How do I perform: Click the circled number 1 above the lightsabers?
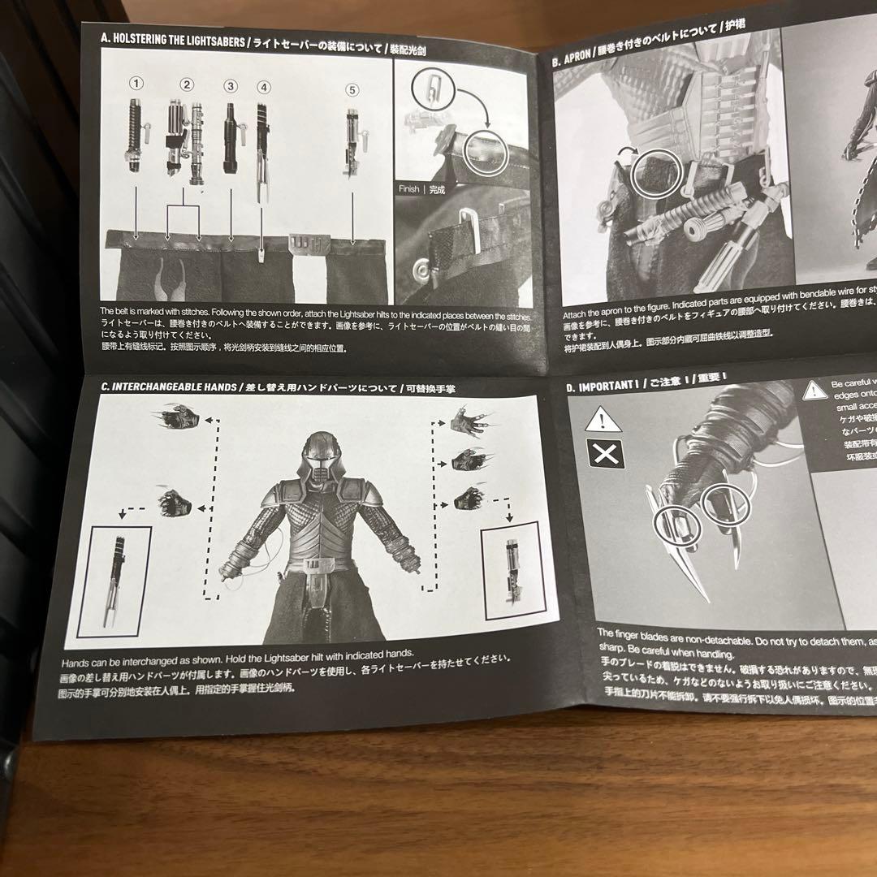(x=137, y=82)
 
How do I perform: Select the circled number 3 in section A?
(x=231, y=85)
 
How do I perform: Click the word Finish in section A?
(x=409, y=189)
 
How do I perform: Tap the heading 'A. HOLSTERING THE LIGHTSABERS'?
(x=170, y=38)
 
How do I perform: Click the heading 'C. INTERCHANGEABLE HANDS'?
(x=169, y=387)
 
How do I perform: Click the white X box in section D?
(x=606, y=454)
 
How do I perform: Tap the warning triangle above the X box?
(x=603, y=419)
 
